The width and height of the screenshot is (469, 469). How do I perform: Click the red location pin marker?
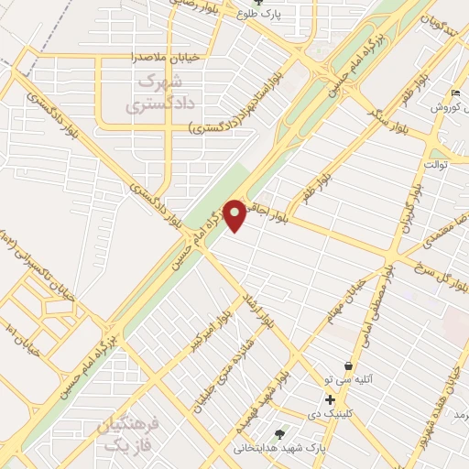(x=235, y=214)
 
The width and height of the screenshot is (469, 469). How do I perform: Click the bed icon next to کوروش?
(x=456, y=93)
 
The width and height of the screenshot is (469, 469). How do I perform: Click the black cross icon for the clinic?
(x=330, y=399)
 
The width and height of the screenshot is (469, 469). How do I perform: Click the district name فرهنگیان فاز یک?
(x=127, y=434)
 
